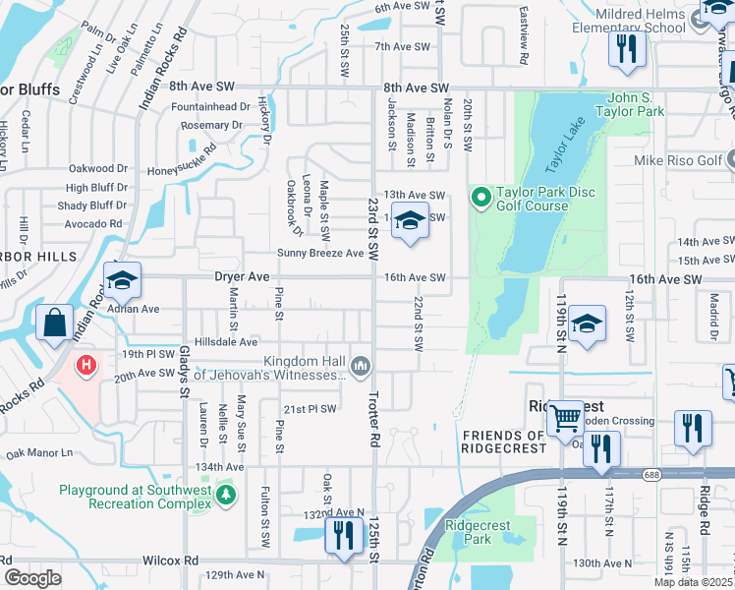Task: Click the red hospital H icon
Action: [87, 366]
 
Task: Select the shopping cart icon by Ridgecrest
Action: [565, 418]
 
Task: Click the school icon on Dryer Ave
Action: [122, 280]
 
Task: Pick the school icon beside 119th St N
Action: [586, 324]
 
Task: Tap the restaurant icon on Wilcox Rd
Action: [342, 536]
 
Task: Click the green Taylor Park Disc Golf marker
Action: [481, 199]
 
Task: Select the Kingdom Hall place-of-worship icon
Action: [361, 367]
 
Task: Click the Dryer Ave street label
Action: [242, 278]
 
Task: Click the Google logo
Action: [32, 578]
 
